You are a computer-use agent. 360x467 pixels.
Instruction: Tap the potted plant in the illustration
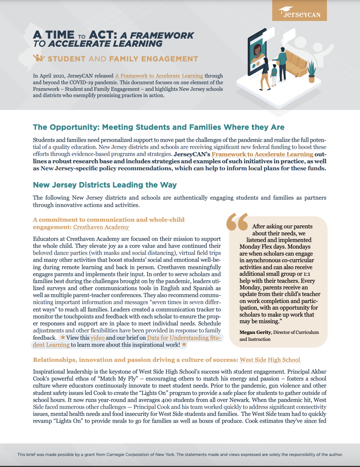click(x=312, y=72)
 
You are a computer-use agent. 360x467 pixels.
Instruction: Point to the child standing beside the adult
click(x=274, y=75)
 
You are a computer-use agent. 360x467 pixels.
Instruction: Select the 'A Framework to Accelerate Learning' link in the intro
click(x=159, y=76)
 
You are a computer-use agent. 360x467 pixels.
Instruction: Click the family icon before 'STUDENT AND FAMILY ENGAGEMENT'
click(x=39, y=58)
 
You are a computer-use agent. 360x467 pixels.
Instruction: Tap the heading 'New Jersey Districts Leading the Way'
click(x=105, y=185)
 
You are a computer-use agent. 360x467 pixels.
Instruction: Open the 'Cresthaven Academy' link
click(x=101, y=227)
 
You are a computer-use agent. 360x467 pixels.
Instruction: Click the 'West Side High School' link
click(x=270, y=360)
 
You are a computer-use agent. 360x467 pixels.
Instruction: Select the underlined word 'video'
click(x=98, y=338)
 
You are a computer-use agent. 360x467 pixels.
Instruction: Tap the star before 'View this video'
click(x=63, y=337)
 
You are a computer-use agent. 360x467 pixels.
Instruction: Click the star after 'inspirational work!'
click(x=184, y=345)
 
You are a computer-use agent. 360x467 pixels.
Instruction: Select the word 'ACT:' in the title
click(x=103, y=35)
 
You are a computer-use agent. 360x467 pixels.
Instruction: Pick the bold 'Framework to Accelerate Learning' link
click(x=262, y=154)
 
